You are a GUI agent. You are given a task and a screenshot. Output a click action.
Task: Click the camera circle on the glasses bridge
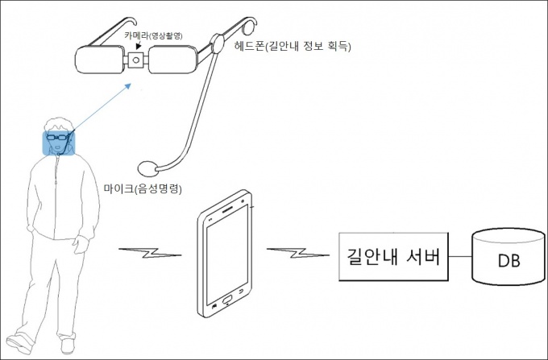point(137,60)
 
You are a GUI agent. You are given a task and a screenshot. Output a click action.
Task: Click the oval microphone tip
point(146,168)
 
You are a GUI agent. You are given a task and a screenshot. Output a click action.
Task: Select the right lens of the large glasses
point(172,60)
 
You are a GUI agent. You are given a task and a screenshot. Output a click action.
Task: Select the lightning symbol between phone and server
point(295,254)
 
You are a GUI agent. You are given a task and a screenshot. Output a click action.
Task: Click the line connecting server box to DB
point(460,258)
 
